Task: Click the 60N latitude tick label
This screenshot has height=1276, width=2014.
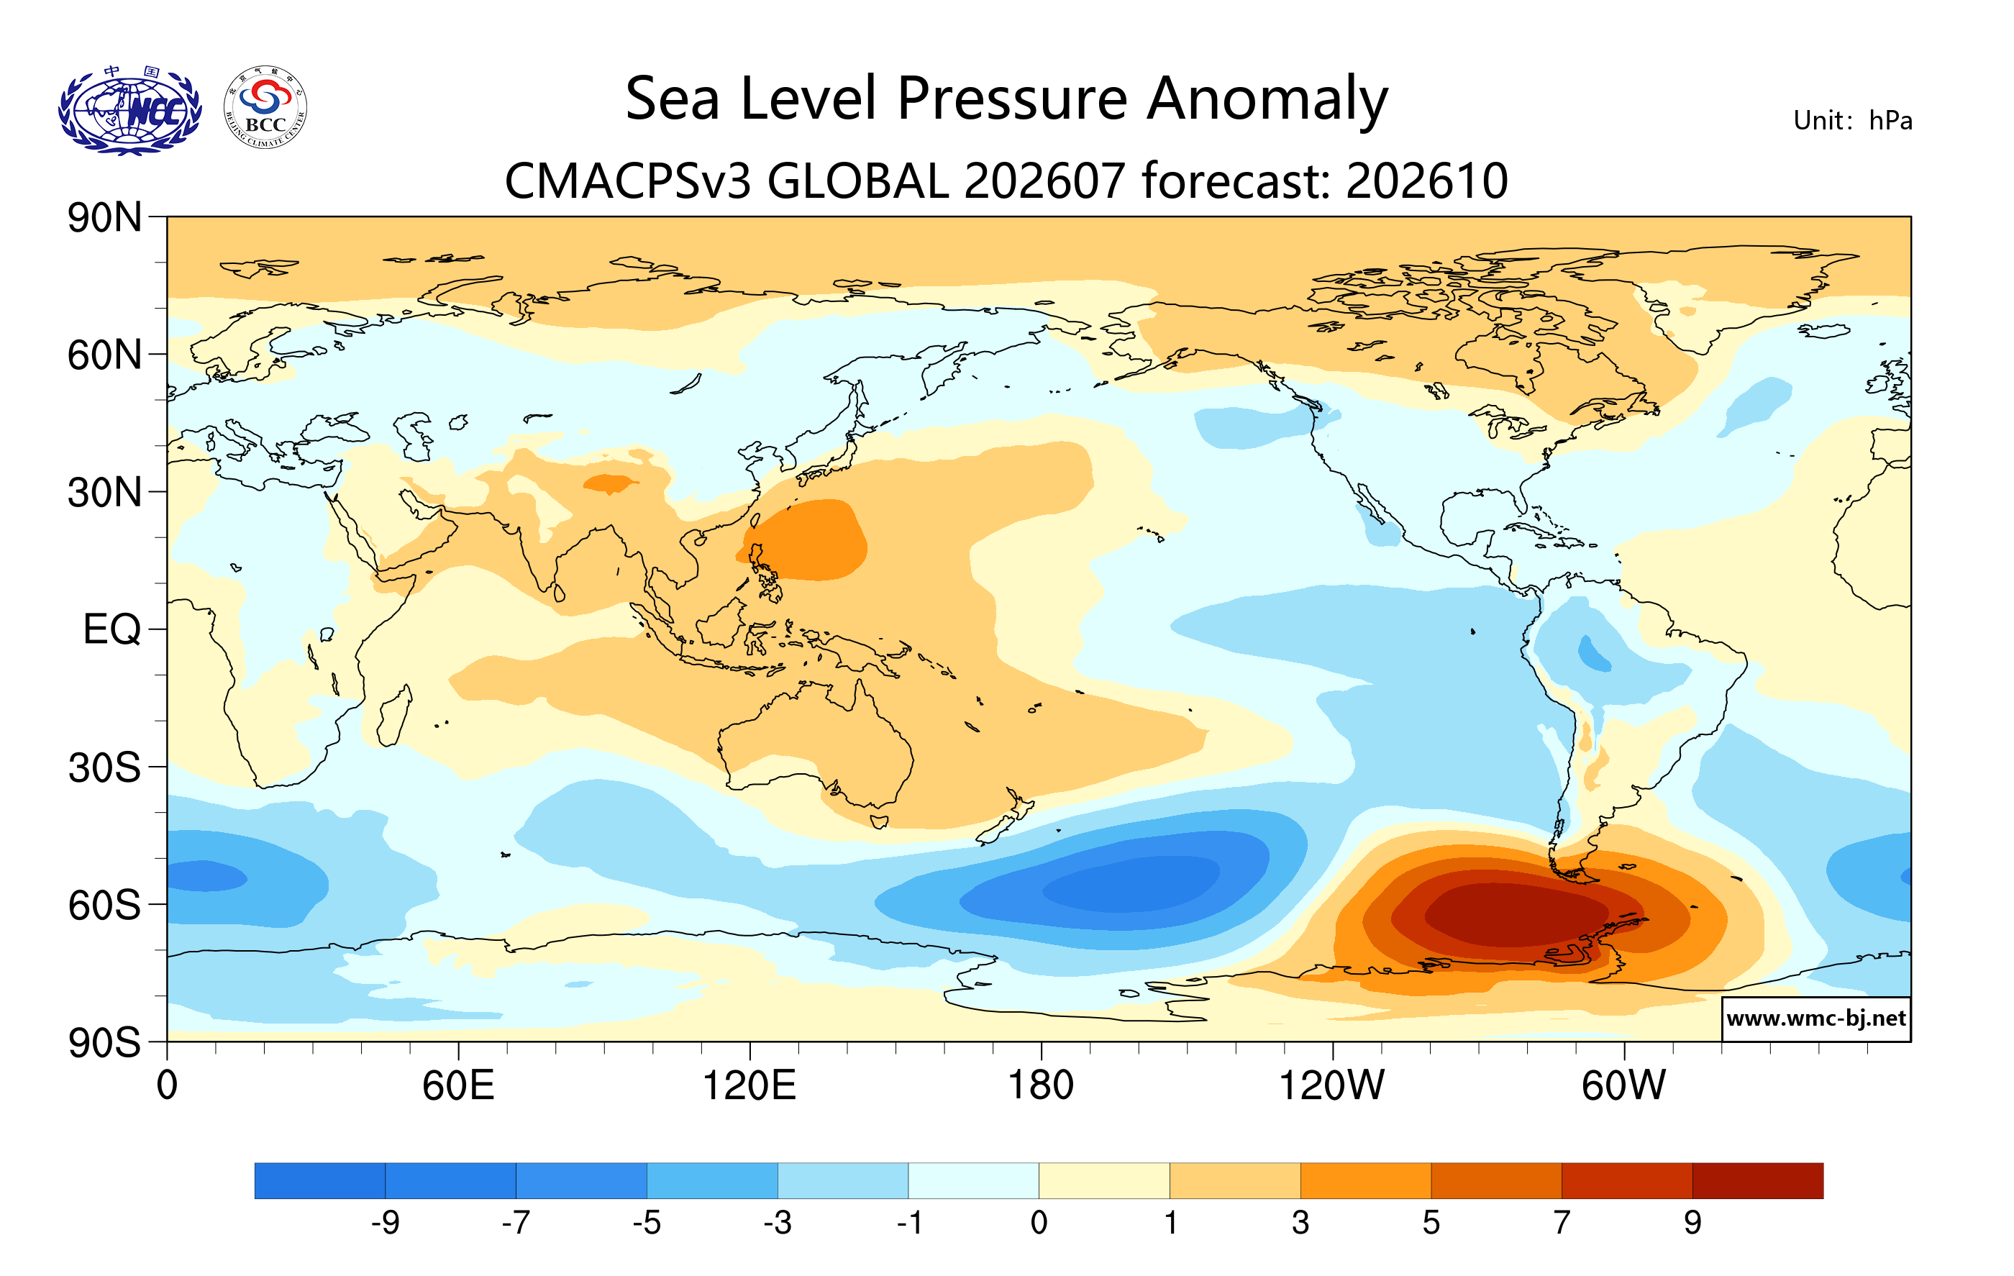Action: coord(104,355)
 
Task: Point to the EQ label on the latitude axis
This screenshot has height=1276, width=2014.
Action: coord(112,629)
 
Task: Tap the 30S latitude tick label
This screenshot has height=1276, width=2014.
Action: coord(104,767)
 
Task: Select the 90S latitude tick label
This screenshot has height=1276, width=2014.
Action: coord(104,1043)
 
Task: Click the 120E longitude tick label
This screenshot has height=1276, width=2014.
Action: coord(749,1085)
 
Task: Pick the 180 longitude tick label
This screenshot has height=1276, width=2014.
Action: coord(1042,1085)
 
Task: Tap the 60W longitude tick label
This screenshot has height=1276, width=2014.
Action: coord(1623,1085)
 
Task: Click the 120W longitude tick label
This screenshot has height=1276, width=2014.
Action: coord(1331,1085)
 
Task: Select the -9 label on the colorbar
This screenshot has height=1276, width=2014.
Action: coord(386,1223)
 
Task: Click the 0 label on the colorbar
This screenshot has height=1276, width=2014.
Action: coord(1039,1223)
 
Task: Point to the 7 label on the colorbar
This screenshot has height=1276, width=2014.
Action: coord(1562,1223)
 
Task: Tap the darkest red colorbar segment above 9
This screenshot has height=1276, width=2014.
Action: coord(1758,1180)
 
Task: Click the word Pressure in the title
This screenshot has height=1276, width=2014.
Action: coord(1012,98)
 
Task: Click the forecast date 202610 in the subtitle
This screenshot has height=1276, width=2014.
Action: coord(1427,181)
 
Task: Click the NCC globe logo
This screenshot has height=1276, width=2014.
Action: coord(129,111)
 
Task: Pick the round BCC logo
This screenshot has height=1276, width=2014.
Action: coord(265,108)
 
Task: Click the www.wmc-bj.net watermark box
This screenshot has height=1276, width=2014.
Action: coord(1815,1018)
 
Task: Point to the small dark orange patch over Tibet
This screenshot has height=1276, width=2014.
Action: coord(609,483)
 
